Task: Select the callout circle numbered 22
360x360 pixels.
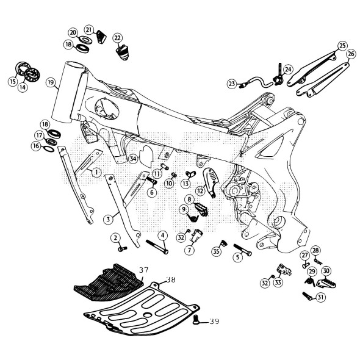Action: click(117, 38)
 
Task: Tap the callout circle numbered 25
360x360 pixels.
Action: click(342, 46)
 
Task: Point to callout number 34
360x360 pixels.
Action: click(133, 159)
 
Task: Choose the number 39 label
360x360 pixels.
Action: click(214, 321)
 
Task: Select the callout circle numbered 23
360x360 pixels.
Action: click(231, 83)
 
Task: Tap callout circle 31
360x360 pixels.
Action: click(321, 297)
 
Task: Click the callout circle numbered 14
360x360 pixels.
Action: click(23, 87)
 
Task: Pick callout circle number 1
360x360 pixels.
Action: click(96, 173)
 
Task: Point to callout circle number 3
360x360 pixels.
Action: click(107, 218)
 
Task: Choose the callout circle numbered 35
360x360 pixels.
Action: click(216, 251)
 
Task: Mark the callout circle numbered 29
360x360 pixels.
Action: click(311, 272)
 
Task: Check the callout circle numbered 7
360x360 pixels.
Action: click(190, 250)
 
